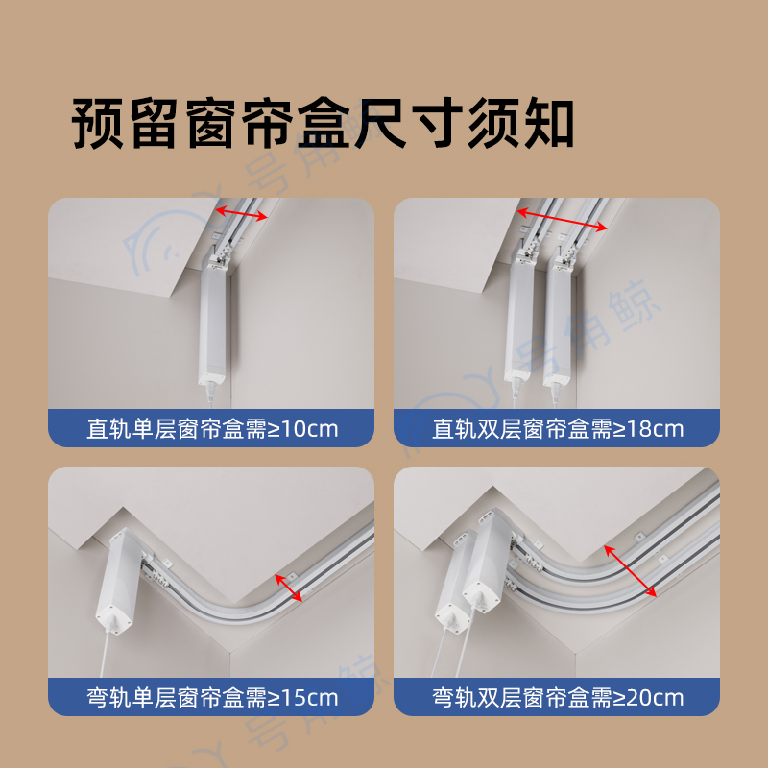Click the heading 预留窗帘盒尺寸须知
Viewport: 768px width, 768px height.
323,123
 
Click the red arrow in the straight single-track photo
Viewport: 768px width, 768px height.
242,212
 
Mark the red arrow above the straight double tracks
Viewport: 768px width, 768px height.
562,219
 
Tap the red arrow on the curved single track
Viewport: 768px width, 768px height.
289,588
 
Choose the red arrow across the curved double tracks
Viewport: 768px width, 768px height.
630,571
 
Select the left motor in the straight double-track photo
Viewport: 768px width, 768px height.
519,319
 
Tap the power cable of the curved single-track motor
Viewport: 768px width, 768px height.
105,654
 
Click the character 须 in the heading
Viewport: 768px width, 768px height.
493,123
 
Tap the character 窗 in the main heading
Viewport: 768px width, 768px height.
210,123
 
